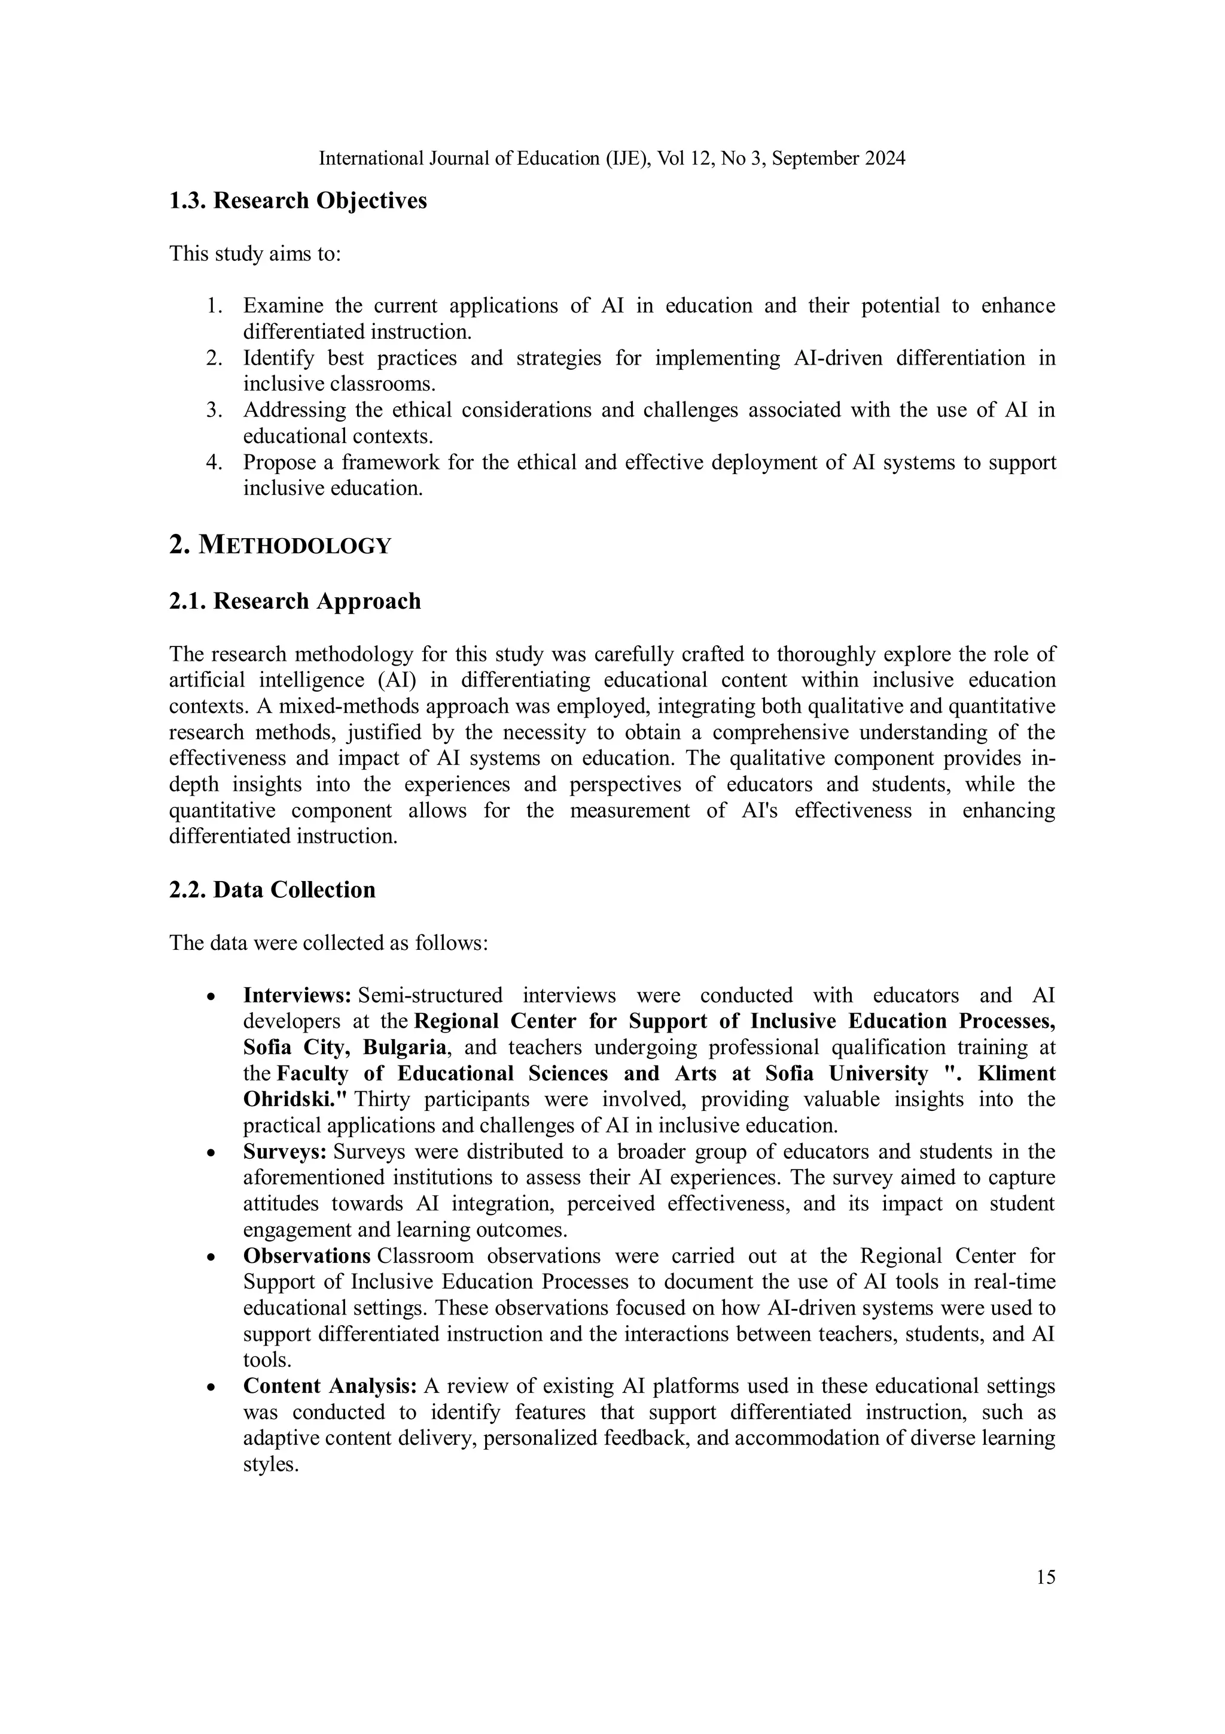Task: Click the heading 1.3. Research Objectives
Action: [298, 201]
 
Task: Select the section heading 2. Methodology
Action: [280, 545]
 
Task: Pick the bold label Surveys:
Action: [285, 1152]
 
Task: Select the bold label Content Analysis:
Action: [330, 1387]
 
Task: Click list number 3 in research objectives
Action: [214, 410]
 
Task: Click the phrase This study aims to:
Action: [255, 254]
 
